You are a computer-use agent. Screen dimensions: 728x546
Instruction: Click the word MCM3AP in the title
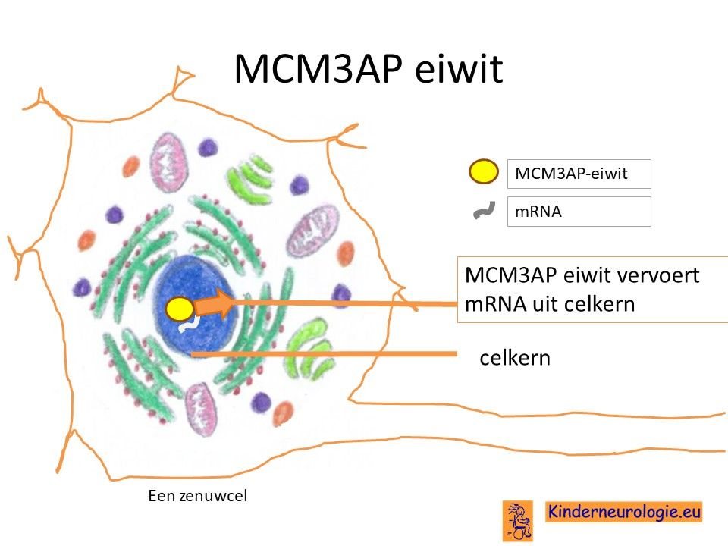click(x=318, y=69)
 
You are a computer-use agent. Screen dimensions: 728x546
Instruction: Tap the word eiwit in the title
click(x=459, y=69)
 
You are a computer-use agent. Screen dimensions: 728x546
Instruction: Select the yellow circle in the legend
click(x=483, y=171)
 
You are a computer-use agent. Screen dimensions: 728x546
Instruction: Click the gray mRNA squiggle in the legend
click(x=484, y=210)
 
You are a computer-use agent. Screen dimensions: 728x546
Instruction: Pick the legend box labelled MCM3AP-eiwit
click(x=579, y=174)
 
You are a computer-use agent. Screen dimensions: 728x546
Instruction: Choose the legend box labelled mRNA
click(x=579, y=212)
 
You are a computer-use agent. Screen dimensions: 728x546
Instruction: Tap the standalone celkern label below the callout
click(x=515, y=358)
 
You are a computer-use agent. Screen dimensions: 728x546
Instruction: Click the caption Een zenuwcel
click(x=198, y=496)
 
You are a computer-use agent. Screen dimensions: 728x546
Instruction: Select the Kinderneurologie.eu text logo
click(x=623, y=512)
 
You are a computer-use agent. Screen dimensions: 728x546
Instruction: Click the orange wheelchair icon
click(x=518, y=520)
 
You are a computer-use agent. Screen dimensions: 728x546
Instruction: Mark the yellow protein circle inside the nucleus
click(x=179, y=309)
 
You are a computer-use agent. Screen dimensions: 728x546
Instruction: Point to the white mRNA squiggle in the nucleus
click(x=190, y=324)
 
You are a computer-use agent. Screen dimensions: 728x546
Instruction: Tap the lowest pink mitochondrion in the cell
click(x=201, y=409)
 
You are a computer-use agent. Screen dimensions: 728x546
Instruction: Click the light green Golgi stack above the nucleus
click(x=249, y=179)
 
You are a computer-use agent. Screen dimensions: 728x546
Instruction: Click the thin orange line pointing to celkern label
click(x=324, y=354)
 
